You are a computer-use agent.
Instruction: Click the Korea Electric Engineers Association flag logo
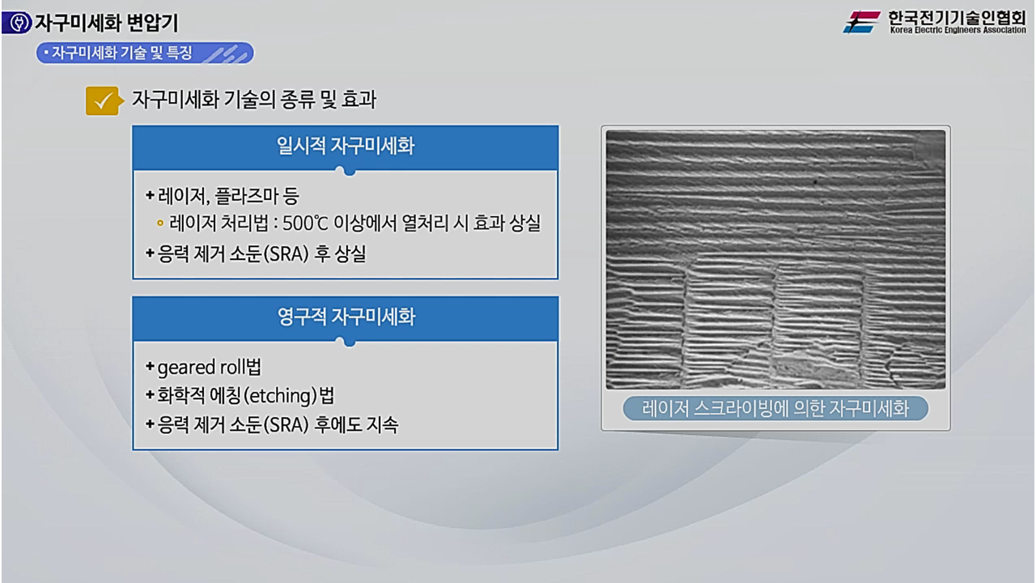pyautogui.click(x=862, y=21)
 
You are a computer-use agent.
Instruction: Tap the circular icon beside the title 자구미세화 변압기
pyautogui.click(x=17, y=23)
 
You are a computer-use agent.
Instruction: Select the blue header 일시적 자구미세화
pyautogui.click(x=345, y=147)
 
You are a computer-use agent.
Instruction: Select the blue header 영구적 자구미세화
pyautogui.click(x=345, y=317)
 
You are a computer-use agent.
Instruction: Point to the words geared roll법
pyautogui.click(x=209, y=367)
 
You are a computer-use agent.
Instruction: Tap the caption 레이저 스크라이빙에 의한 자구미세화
pyautogui.click(x=775, y=408)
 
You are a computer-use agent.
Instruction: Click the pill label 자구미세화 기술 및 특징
pyautogui.click(x=121, y=53)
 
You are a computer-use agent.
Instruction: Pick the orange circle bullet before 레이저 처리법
pyautogui.click(x=160, y=224)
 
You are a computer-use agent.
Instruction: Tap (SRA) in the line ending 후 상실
pyautogui.click(x=291, y=253)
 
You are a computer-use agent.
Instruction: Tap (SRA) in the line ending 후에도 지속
pyautogui.click(x=291, y=424)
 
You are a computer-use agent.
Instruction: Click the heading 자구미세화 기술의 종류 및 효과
pyautogui.click(x=254, y=100)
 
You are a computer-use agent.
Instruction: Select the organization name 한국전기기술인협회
pyautogui.click(x=956, y=16)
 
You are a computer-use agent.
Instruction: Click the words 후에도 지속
pyautogui.click(x=359, y=424)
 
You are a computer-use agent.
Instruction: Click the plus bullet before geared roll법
pyautogui.click(x=150, y=367)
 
